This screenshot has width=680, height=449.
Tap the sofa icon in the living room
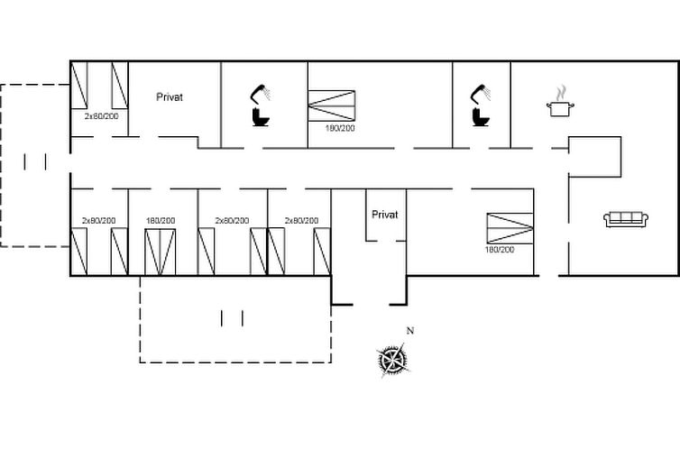626,219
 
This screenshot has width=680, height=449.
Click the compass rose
392,360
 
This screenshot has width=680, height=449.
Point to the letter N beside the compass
410,331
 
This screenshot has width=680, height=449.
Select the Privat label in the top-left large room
170,97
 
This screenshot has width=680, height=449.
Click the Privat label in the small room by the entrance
385,215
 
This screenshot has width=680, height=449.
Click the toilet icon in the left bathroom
261,117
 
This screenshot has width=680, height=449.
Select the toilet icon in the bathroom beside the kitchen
481,117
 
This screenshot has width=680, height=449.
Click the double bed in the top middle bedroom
332,105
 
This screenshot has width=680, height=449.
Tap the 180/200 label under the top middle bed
340,128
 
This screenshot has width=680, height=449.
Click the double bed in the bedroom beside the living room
510,228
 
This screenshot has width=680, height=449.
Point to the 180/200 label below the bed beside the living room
500,250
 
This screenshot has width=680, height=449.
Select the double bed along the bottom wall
160,252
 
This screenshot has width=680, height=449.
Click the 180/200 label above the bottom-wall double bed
161,221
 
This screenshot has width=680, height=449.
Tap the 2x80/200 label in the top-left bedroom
102,116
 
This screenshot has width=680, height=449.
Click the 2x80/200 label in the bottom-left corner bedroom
99,221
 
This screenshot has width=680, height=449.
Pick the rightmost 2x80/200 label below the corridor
301,221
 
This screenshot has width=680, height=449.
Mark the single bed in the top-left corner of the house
79,86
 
